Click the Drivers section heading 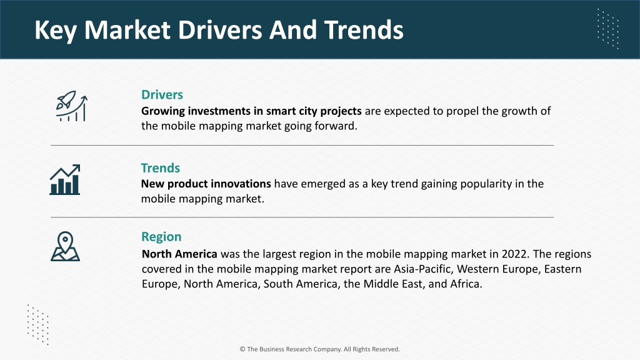click(162, 95)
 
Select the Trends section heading click(161, 167)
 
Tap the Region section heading click(161, 237)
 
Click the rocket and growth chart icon click(72, 106)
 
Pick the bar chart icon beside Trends click(65, 179)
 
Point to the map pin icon click(65, 246)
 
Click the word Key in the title click(56, 30)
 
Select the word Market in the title click(127, 30)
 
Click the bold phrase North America click(179, 254)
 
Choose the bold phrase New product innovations click(206, 184)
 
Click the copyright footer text click(319, 349)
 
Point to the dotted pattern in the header click(608, 29)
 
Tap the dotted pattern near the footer click(38, 324)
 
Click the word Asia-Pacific click(423, 269)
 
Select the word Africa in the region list click(466, 284)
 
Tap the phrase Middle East click(392, 284)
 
